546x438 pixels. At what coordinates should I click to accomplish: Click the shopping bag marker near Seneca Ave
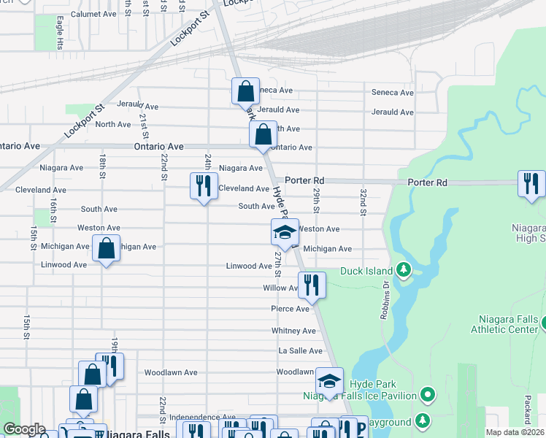click(x=246, y=92)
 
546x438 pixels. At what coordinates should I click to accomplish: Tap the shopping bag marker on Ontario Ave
click(x=263, y=134)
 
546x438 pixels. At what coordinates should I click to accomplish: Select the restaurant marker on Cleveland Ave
click(x=204, y=185)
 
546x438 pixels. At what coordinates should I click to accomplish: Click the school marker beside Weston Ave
click(x=285, y=232)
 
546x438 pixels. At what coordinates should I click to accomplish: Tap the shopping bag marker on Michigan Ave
click(x=107, y=248)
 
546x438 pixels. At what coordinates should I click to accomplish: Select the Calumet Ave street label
click(x=94, y=14)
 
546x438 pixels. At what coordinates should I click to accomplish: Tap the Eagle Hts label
click(x=59, y=28)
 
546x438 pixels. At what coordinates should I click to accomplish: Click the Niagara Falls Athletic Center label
click(x=508, y=323)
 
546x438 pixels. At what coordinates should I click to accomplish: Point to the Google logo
click(x=23, y=429)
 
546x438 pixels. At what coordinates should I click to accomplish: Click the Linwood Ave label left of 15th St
click(x=64, y=264)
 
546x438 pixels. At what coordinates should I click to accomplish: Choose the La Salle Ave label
click(x=296, y=351)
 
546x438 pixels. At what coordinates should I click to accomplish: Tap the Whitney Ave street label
click(x=293, y=331)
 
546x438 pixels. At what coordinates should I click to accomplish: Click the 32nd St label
click(x=363, y=201)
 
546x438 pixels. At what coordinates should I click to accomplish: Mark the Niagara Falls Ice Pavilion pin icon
click(x=428, y=396)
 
